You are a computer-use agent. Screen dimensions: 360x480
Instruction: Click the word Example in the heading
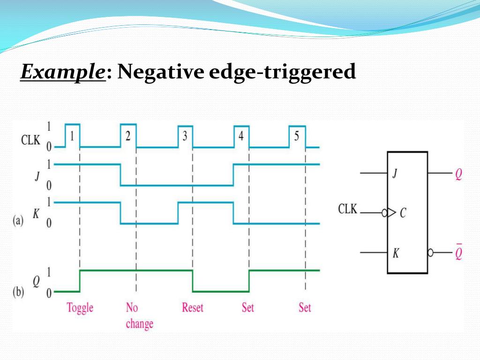tap(62, 73)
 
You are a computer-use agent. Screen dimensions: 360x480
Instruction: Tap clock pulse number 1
tap(72, 136)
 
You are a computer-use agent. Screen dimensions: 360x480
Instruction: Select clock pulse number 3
tap(185, 136)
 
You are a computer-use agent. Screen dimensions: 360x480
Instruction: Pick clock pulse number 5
tap(296, 136)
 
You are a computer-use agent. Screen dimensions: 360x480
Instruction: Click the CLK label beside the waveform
tap(31, 140)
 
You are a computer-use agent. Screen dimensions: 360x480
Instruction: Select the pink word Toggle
tap(80, 308)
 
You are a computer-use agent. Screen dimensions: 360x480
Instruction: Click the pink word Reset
tap(193, 308)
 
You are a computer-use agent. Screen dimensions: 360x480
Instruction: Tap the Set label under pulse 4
tap(248, 308)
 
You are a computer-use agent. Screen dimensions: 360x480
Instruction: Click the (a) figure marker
tap(18, 221)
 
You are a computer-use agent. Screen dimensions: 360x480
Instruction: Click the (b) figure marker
tap(18, 292)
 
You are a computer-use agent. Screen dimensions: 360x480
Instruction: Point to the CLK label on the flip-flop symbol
tap(347, 209)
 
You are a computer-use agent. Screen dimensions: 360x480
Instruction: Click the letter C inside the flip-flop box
tap(403, 214)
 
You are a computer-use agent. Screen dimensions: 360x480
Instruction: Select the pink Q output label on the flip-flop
tap(458, 174)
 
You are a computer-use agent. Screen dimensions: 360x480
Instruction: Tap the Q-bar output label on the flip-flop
tap(458, 253)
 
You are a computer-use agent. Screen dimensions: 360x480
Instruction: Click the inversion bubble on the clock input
tap(385, 213)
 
